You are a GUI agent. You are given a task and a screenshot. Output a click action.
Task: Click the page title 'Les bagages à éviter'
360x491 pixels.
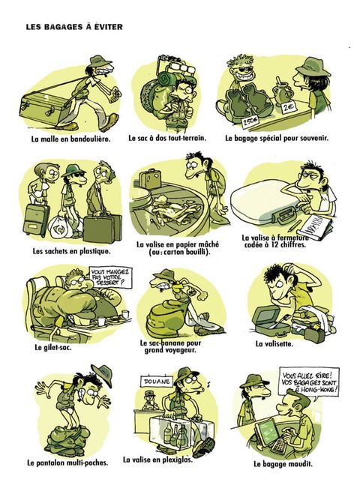tap(74, 27)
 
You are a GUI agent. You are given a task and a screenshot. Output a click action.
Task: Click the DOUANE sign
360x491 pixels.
tap(157, 382)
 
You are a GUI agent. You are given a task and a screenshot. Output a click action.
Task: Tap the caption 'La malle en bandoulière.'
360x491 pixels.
tap(70, 139)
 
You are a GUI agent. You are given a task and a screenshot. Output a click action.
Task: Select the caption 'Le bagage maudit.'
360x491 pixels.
tap(283, 464)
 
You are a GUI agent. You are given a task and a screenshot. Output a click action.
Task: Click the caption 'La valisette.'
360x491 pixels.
tap(274, 344)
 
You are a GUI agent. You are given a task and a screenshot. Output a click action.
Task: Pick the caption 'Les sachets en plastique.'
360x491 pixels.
tap(72, 251)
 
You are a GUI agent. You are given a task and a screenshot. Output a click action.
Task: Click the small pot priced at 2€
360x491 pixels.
tap(279, 91)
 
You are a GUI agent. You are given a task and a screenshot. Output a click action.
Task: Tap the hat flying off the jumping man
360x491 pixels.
tap(102, 375)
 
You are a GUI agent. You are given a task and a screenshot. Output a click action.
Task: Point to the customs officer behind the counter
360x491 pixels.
tap(150, 400)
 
